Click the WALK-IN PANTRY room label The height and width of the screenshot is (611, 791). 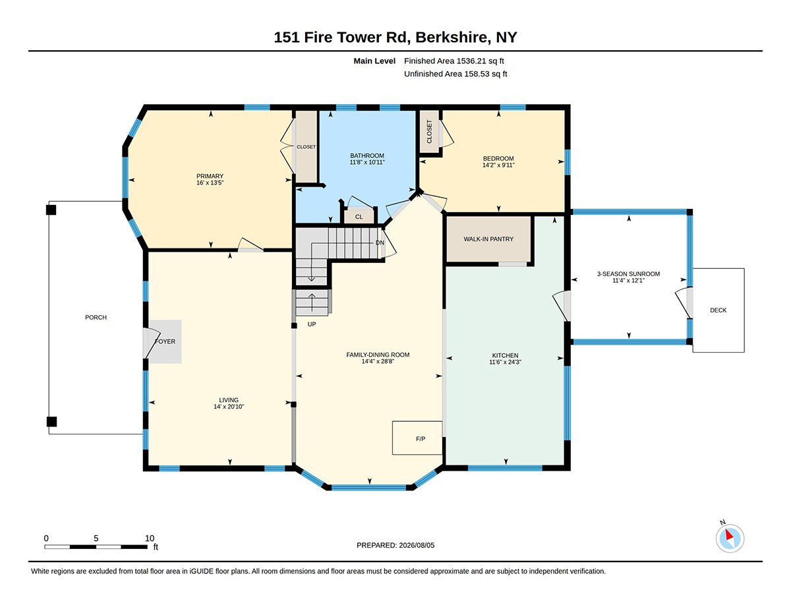click(488, 239)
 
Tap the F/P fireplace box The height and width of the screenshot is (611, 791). click(417, 438)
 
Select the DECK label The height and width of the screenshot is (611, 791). click(718, 310)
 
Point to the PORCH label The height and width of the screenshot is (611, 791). click(96, 317)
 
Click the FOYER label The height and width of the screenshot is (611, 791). click(165, 341)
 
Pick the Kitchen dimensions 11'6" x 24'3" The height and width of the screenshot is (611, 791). click(505, 362)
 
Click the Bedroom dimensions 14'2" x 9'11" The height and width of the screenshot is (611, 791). click(498, 165)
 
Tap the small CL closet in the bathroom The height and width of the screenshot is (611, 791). click(359, 217)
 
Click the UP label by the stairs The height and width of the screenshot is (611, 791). click(312, 324)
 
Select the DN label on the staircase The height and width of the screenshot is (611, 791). click(380, 243)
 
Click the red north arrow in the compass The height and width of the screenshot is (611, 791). click(729, 535)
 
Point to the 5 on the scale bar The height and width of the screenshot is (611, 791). click(96, 538)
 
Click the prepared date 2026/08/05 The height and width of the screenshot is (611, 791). click(417, 545)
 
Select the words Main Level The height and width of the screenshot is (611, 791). click(374, 61)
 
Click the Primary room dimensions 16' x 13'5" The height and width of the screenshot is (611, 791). click(210, 183)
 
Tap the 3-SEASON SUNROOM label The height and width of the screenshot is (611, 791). click(628, 274)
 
